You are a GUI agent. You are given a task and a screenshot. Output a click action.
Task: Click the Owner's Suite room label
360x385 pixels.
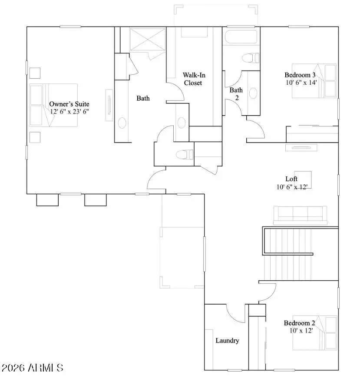click(69, 104)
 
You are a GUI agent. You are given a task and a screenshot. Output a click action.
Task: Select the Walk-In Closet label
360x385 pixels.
click(193, 79)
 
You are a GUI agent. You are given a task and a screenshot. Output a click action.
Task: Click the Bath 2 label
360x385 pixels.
click(236, 93)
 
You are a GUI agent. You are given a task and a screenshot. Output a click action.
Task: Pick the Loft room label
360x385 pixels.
click(291, 179)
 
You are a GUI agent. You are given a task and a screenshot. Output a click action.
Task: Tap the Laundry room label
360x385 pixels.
click(227, 340)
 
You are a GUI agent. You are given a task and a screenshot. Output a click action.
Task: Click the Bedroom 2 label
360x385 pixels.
click(299, 323)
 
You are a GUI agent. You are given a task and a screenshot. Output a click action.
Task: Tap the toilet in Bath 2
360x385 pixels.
click(251, 57)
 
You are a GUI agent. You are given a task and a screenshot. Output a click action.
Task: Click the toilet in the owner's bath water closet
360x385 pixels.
click(185, 154)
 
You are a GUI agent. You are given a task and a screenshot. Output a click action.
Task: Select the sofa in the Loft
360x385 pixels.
click(300, 215)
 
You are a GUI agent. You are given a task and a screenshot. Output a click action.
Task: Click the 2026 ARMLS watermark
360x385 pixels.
click(33, 368)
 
